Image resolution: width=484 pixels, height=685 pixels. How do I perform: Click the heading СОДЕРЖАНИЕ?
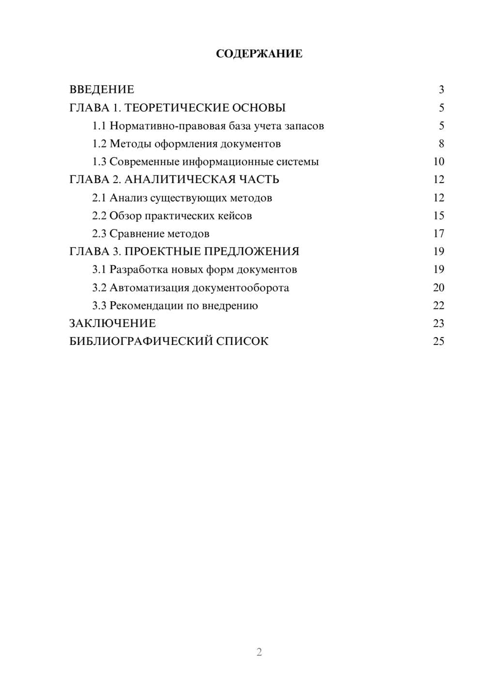tap(259, 54)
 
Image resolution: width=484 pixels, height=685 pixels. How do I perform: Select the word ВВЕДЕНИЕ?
tap(102, 90)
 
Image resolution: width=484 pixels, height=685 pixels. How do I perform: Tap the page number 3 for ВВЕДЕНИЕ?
tap(441, 90)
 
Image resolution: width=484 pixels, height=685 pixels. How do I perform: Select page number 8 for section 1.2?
tap(441, 144)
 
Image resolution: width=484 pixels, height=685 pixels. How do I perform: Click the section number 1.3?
tap(99, 162)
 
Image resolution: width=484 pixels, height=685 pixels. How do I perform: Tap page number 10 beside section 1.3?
tap(439, 162)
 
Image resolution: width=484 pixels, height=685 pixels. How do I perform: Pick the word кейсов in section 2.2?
tap(236, 216)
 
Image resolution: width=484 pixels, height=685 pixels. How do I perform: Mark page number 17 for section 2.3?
tap(439, 234)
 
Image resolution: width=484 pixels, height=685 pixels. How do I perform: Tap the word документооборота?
tap(241, 288)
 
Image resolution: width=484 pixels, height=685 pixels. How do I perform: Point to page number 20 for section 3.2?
tap(439, 288)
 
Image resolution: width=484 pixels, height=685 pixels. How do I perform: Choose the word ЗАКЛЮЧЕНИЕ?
tap(113, 323)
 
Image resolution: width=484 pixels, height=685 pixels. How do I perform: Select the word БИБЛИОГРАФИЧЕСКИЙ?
tap(140, 341)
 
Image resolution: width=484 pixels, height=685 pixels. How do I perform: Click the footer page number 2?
tap(259, 652)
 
